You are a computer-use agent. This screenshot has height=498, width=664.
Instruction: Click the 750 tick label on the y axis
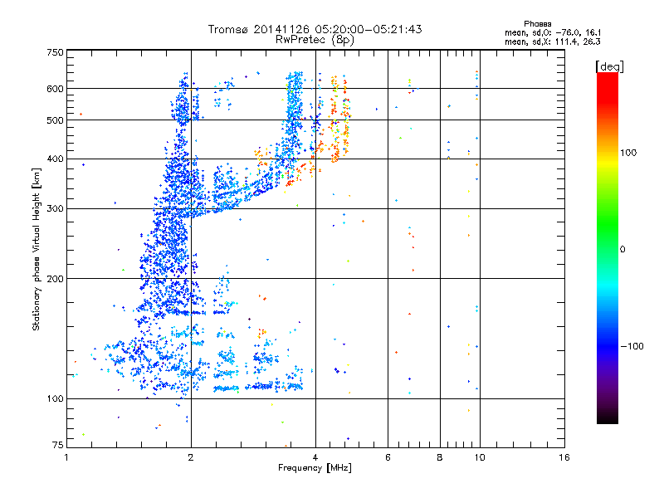pyautogui.click(x=55, y=52)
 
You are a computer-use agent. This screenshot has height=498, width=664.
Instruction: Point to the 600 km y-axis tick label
pyautogui.click(x=55, y=88)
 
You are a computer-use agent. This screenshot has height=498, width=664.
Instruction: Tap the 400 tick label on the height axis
pyautogui.click(x=55, y=159)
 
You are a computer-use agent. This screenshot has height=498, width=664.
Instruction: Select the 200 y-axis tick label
pyautogui.click(x=55, y=278)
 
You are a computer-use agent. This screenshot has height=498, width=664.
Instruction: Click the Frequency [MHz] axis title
pyautogui.click(x=315, y=469)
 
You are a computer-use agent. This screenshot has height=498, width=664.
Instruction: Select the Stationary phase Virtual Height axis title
pyautogui.click(x=37, y=250)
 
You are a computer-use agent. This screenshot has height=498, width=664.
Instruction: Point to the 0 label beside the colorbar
pyautogui.click(x=622, y=249)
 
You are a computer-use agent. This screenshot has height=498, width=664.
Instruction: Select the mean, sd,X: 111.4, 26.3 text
pyautogui.click(x=552, y=41)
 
